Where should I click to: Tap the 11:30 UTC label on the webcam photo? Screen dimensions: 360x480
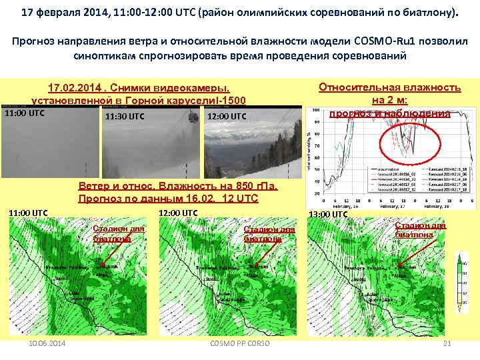point(125,117)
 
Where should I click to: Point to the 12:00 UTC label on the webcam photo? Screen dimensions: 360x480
point(227,117)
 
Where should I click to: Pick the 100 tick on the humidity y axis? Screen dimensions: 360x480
point(313,111)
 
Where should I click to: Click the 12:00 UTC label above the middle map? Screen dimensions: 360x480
point(178,213)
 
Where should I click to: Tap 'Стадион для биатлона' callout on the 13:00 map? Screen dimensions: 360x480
point(420,230)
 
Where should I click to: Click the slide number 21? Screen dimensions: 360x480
point(447,344)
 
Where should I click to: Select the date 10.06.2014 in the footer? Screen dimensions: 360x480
point(48,344)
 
